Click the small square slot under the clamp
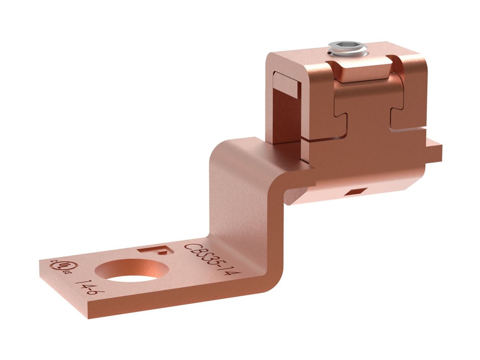pos(355,192)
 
